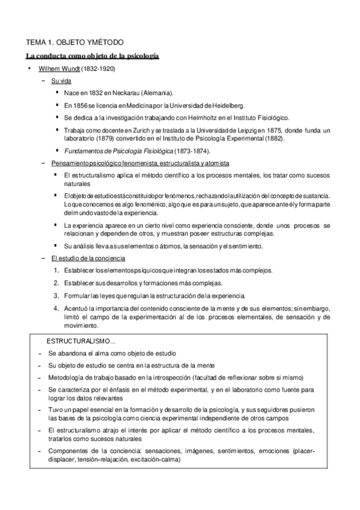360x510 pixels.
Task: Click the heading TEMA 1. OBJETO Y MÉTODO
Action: pos(74,43)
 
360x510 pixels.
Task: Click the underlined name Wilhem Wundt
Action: pos(55,69)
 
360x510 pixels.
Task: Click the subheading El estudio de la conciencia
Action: pos(88,258)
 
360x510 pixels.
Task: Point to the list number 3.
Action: pos(56,295)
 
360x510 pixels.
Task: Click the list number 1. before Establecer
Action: pos(56,270)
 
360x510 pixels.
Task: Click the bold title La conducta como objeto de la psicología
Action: pos(92,56)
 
